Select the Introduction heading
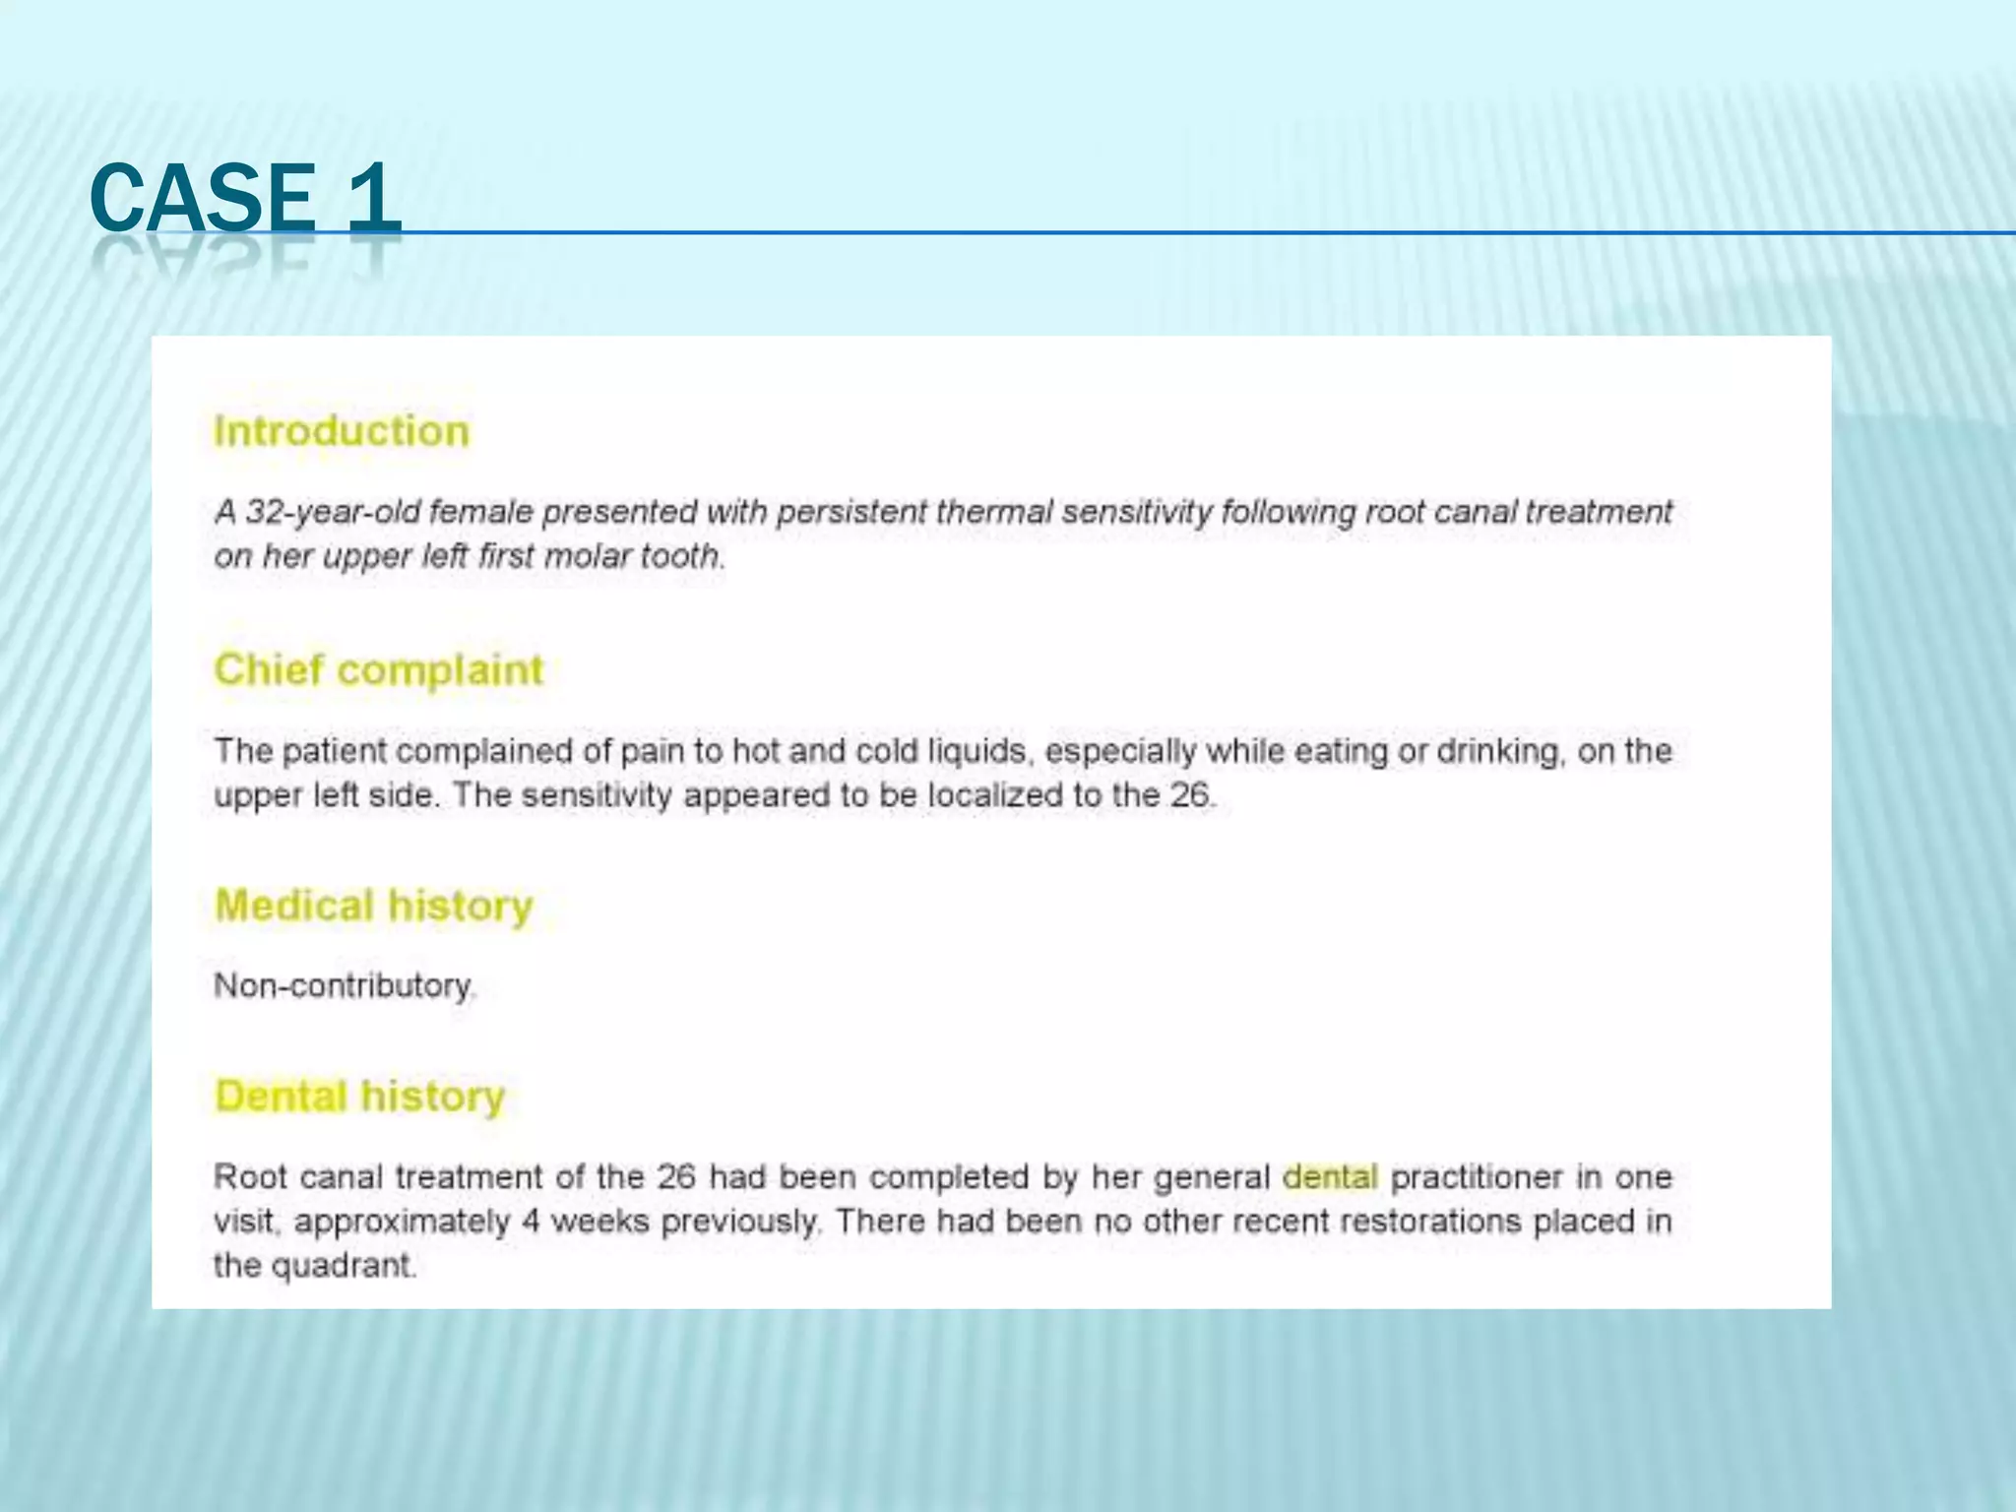342,431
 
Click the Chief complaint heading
378,669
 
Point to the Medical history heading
373,906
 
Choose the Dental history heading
359,1096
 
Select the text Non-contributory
343,985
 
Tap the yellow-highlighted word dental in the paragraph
1330,1176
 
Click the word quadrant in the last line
343,1266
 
